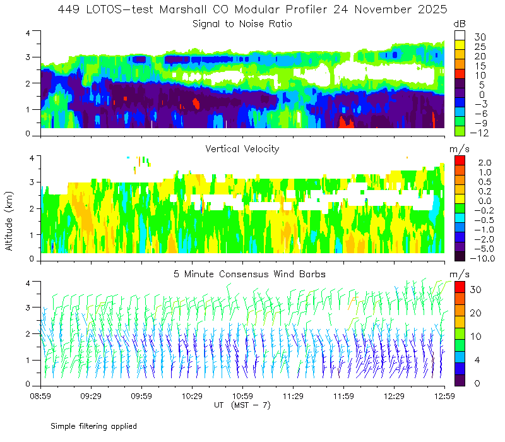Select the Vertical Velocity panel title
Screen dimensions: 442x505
coord(242,149)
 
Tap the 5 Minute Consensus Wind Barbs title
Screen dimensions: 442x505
coord(242,274)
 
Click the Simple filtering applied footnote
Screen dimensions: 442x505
coord(93,426)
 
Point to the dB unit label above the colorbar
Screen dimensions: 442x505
coord(460,24)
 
